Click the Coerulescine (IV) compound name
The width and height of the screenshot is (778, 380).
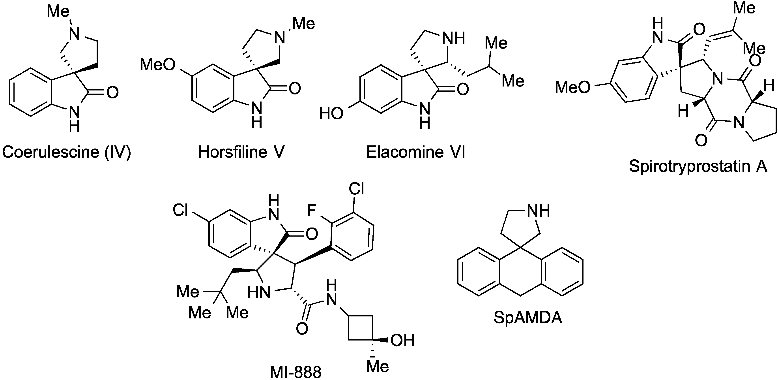(66, 152)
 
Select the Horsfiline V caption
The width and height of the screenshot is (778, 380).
(241, 152)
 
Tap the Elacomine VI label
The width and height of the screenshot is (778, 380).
(416, 152)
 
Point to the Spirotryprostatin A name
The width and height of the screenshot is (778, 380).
(698, 166)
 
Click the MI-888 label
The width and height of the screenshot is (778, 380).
(295, 372)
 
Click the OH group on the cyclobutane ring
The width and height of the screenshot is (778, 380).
(402, 340)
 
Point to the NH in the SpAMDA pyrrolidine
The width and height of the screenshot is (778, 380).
(538, 211)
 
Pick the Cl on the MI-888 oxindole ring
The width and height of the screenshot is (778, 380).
(181, 210)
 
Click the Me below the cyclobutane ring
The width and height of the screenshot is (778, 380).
(378, 366)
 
